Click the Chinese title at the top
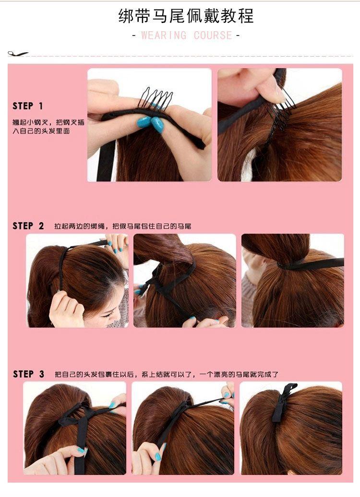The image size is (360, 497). [x=186, y=15]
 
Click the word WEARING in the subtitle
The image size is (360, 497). [x=164, y=35]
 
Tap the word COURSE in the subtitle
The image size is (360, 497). [x=213, y=35]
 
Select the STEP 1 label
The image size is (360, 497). [x=27, y=106]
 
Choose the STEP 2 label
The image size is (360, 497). [x=28, y=225]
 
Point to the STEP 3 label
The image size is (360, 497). [x=28, y=374]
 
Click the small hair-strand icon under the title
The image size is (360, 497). [x=18, y=54]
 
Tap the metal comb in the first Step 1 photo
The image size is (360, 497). [x=156, y=98]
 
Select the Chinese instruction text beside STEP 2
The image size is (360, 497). [x=123, y=226]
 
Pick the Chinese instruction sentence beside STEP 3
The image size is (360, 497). [x=167, y=374]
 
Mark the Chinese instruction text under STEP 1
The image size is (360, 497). [x=48, y=127]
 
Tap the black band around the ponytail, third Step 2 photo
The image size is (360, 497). [x=309, y=264]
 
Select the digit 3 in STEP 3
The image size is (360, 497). [x=42, y=374]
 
